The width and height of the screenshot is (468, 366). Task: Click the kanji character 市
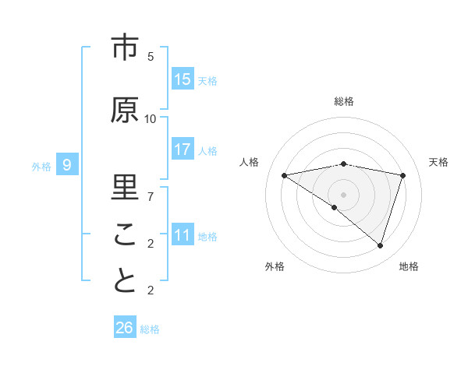point(124,48)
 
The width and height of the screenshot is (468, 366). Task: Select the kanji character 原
point(124,110)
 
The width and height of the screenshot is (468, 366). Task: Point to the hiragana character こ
point(124,234)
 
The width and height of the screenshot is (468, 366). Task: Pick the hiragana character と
point(124,281)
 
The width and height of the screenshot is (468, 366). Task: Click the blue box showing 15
point(183,79)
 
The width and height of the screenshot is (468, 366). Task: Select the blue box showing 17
point(183,150)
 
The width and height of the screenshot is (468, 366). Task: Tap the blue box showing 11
point(183,234)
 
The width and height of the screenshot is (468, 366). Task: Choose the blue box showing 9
point(68,164)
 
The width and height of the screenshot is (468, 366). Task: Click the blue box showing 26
point(125,328)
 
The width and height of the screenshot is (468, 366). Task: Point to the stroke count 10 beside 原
point(151,118)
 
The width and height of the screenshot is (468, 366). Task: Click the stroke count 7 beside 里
point(151,196)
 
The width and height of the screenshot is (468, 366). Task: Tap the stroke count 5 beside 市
point(151,56)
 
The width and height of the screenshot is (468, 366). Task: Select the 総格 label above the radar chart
point(344,101)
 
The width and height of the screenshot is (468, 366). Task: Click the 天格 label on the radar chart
point(438,162)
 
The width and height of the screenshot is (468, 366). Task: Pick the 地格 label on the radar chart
point(409,266)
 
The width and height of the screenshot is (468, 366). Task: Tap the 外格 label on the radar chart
point(275,266)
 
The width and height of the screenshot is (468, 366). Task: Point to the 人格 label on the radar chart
point(250,162)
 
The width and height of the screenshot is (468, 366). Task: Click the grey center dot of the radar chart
point(344,194)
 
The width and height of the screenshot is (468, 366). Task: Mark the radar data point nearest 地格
point(380,246)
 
